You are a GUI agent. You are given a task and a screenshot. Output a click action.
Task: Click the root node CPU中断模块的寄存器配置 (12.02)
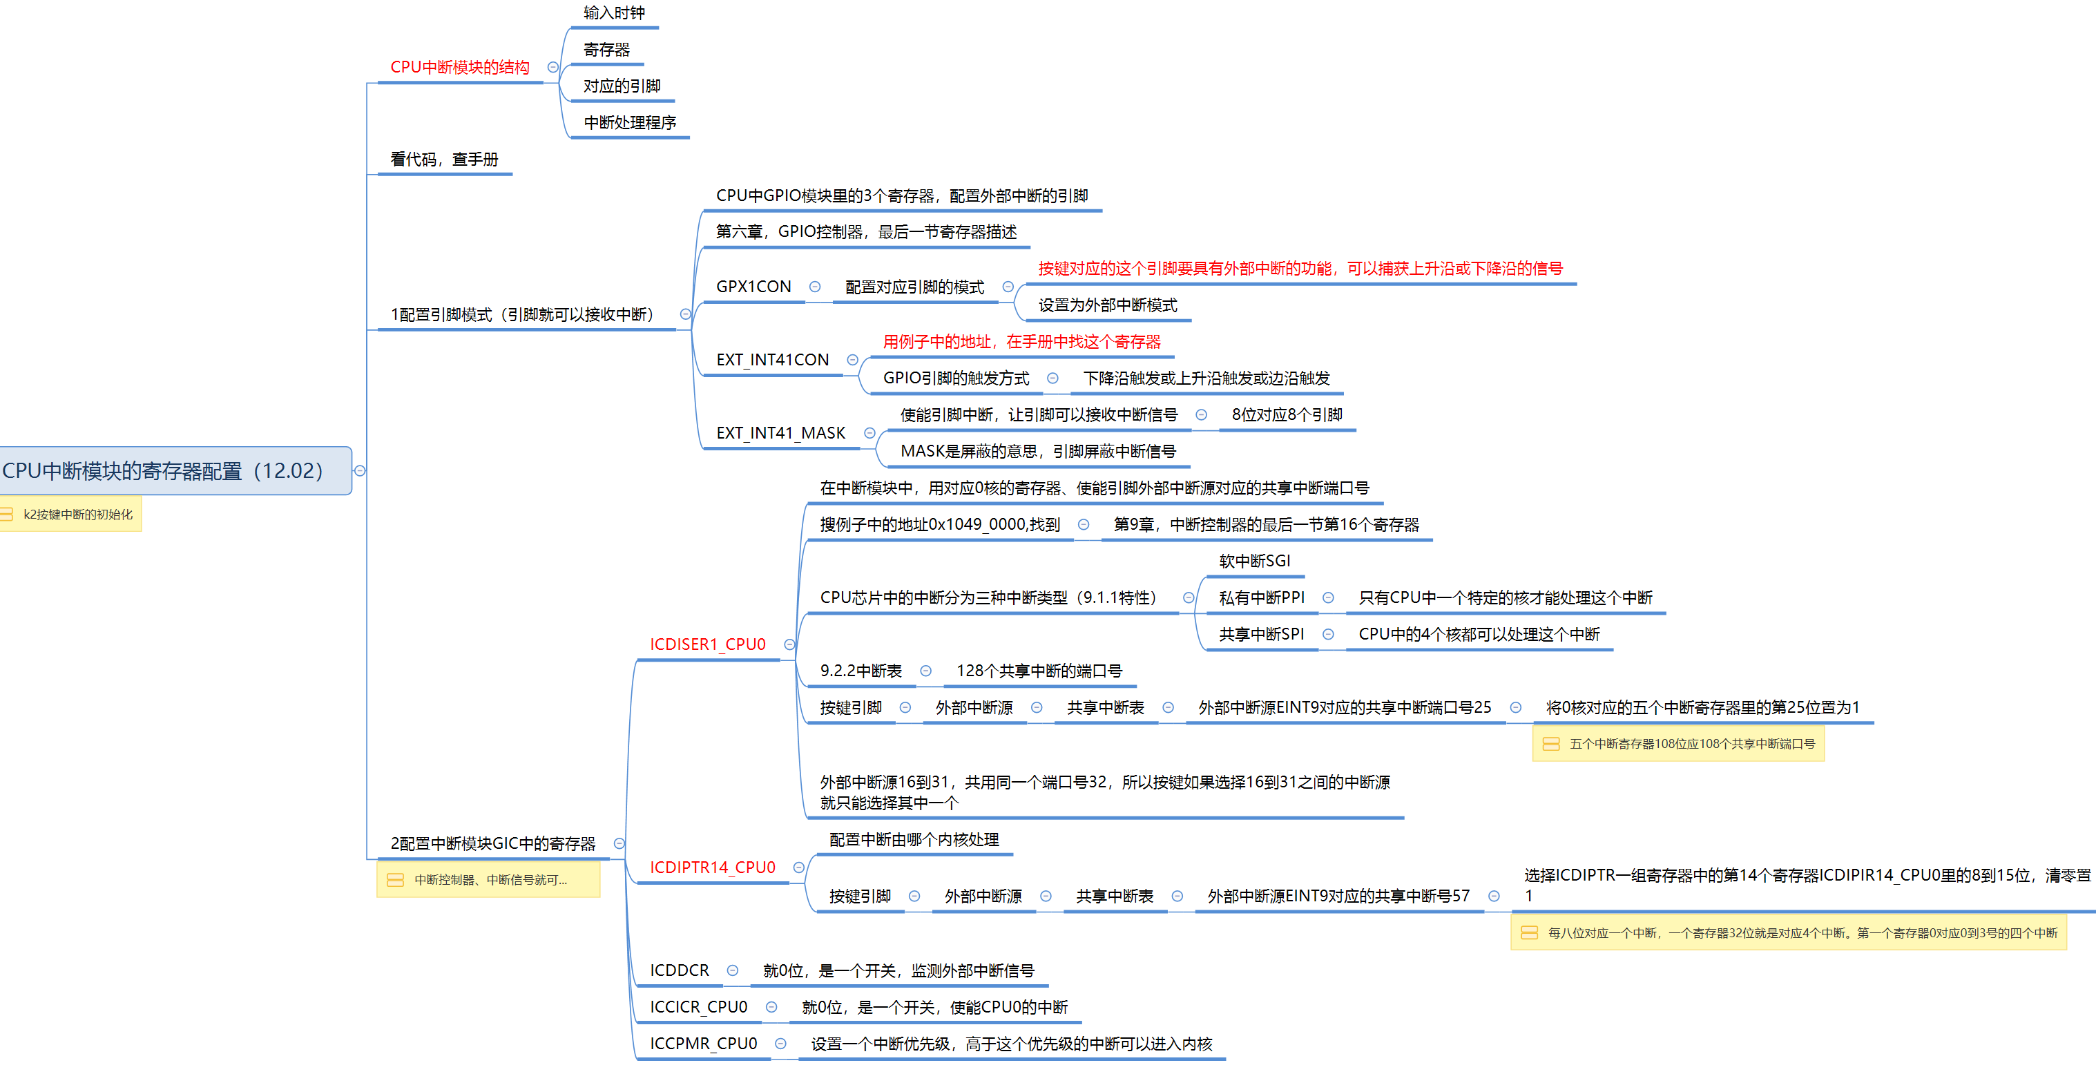point(163,470)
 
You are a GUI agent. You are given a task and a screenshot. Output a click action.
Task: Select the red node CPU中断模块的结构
point(460,68)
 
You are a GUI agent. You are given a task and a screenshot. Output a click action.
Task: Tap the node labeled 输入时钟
point(613,13)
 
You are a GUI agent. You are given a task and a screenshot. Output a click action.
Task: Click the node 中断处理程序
point(630,123)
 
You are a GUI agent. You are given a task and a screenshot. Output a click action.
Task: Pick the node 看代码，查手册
point(444,160)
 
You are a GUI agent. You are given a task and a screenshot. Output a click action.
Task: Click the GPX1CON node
point(753,287)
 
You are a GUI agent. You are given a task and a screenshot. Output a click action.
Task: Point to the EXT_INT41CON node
point(772,360)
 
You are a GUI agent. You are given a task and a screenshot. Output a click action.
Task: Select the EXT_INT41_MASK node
point(780,433)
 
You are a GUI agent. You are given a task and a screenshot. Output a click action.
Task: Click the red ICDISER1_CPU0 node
point(707,644)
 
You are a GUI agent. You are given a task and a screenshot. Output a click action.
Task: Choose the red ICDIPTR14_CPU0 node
point(712,867)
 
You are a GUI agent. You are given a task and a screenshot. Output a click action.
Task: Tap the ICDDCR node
point(680,970)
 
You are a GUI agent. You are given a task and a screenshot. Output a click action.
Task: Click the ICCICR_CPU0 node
point(698,1007)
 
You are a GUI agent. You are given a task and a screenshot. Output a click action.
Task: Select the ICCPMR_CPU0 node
point(703,1044)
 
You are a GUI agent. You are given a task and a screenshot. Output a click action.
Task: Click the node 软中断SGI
point(1254,562)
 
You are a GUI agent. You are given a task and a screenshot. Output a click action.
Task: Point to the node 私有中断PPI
point(1261,598)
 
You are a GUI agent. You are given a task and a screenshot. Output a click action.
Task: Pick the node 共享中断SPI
point(1261,635)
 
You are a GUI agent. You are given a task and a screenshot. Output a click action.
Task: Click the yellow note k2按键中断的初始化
point(77,515)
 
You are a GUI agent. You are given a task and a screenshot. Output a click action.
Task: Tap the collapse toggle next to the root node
point(360,470)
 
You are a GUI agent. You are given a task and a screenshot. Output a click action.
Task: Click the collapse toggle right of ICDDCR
point(732,970)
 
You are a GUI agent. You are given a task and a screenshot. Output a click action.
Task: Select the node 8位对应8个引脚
point(1287,415)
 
